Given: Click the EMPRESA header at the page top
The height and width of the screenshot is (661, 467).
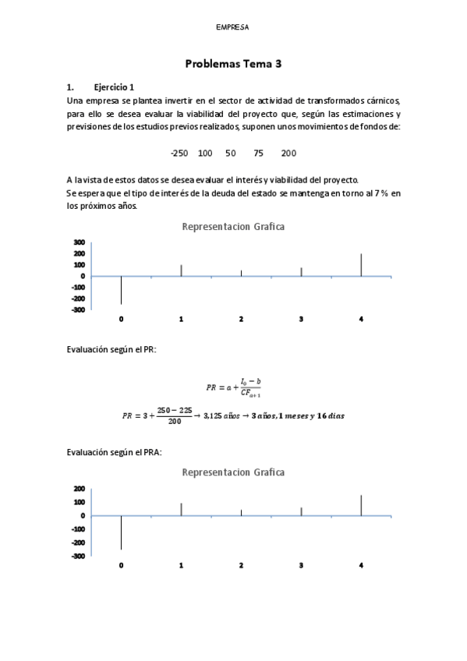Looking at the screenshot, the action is tap(233, 27).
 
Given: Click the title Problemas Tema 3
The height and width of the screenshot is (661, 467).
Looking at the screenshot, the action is tap(233, 65).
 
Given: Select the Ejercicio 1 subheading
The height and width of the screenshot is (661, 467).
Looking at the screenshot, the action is tap(114, 87).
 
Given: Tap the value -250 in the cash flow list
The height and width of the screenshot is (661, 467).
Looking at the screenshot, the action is tap(180, 153).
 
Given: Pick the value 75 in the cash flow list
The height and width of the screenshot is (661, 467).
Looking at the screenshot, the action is tap(258, 153).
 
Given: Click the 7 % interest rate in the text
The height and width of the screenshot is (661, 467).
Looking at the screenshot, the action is tap(358, 193).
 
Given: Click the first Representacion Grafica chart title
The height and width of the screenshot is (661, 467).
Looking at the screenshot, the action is tap(233, 227).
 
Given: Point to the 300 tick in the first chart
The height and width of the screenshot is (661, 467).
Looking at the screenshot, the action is tap(79, 242).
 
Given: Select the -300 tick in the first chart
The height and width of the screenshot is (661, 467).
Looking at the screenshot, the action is tap(77, 309).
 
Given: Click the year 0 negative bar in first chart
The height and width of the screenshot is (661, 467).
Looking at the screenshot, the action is tap(121, 290).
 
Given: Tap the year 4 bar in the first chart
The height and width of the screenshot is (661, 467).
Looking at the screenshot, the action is tap(361, 265).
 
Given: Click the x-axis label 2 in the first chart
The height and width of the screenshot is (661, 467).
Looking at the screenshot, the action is tap(241, 320).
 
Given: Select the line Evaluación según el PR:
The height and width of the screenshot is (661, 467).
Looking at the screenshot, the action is tap(111, 350).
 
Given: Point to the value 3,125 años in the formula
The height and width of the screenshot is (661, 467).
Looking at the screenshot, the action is tap(221, 415).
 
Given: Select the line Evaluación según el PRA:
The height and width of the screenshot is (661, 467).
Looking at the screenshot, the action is tap(115, 452).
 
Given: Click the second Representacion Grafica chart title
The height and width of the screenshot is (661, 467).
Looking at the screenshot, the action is tap(233, 472).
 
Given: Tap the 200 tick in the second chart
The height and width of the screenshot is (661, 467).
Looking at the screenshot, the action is tap(79, 489).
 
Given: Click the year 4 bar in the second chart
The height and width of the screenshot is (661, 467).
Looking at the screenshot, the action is tap(361, 505).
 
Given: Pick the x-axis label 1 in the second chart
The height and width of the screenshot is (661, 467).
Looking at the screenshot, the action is tap(181, 565).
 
